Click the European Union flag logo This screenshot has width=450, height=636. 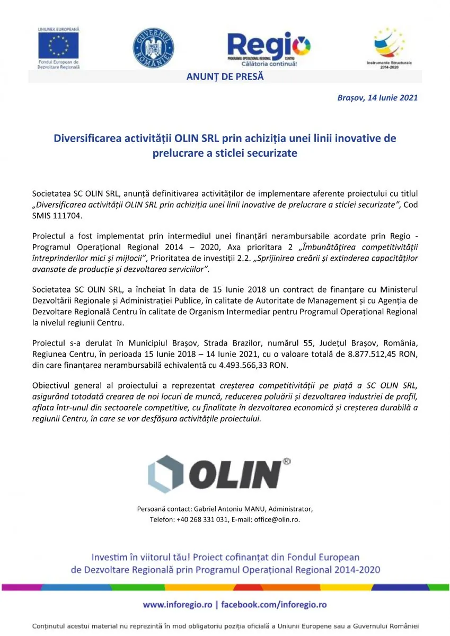(58, 45)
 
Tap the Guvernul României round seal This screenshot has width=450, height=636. (153, 48)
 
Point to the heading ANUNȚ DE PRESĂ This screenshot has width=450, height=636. (225, 77)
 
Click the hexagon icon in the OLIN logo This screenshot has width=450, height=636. (166, 473)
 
